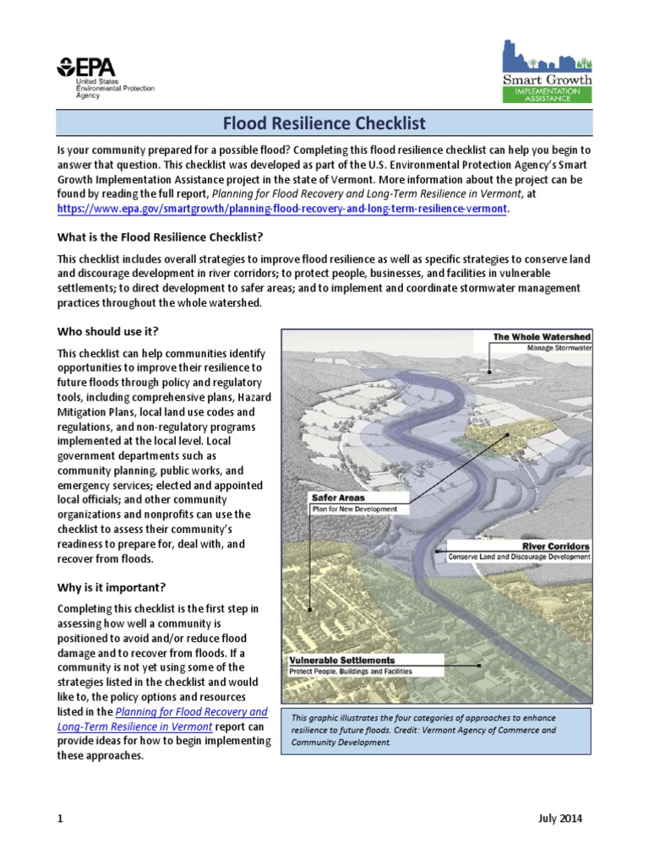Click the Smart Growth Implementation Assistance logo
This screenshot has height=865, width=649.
547,72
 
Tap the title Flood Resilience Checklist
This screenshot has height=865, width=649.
324,124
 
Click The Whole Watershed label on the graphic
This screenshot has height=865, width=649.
542,337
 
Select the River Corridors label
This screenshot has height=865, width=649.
555,547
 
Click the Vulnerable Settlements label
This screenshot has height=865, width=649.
341,660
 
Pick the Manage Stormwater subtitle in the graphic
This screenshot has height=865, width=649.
559,347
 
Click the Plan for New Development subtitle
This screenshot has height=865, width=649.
360,509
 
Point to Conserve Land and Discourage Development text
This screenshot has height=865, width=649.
518,558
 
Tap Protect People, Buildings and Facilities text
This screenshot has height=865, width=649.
351,672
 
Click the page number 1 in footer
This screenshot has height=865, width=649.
60,819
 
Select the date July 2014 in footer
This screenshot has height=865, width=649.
559,819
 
